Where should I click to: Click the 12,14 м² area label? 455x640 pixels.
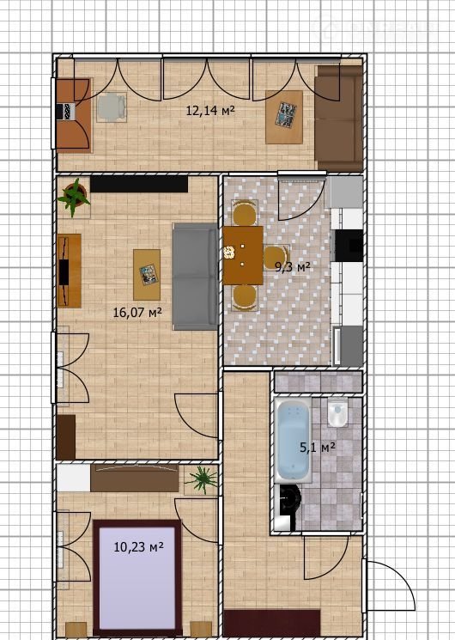(210, 110)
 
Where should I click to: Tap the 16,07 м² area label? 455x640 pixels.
(137, 313)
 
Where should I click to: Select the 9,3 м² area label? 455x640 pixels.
(292, 267)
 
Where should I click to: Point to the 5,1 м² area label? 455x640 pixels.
(318, 448)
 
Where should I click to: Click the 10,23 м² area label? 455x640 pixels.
(139, 546)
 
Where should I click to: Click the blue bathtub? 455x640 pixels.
(293, 440)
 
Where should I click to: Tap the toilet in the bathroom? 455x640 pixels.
(337, 412)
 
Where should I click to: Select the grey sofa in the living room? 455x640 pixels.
(195, 277)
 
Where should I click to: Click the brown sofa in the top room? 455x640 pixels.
(338, 119)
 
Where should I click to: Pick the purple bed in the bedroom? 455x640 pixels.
(137, 578)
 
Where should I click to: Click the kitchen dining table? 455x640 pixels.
(243, 255)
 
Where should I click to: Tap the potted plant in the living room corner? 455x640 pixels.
(74, 198)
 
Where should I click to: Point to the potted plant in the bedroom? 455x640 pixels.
(201, 479)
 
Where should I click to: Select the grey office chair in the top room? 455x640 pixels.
(112, 107)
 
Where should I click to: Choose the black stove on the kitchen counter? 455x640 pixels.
(349, 246)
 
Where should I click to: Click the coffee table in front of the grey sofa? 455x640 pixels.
(147, 275)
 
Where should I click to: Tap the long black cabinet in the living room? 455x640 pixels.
(139, 184)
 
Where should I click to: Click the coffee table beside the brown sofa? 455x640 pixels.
(284, 117)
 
